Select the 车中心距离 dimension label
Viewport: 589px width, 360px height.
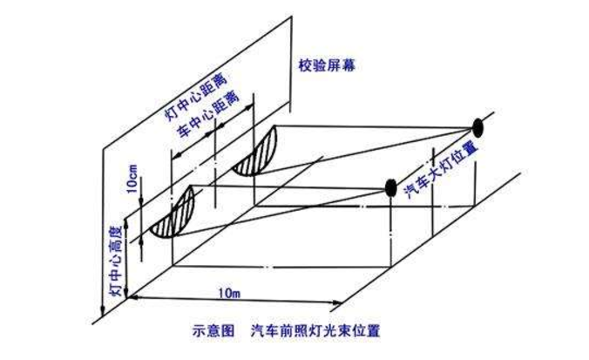(x=205, y=118)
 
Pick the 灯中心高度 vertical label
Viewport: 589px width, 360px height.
(x=112, y=261)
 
